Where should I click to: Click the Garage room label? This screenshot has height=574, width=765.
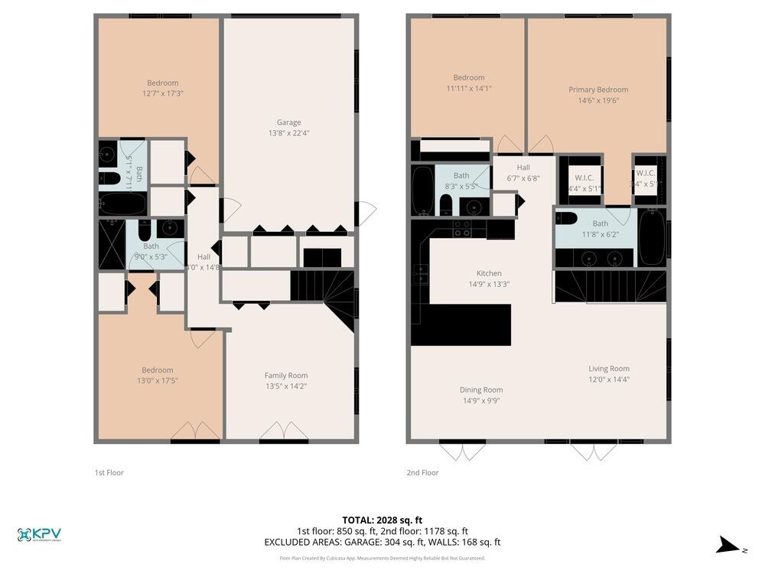[x=288, y=122]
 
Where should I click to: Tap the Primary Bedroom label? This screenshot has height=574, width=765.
[x=597, y=90]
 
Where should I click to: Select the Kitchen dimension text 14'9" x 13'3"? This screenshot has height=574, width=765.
[x=489, y=284]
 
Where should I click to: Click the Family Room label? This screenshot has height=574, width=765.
[x=285, y=375]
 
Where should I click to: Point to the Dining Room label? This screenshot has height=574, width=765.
[x=481, y=390]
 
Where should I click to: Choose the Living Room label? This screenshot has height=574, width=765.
[x=609, y=369]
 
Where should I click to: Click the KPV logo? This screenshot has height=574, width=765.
[x=39, y=535]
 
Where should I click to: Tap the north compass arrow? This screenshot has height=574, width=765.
[x=726, y=546]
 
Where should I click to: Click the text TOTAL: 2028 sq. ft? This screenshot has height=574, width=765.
[x=382, y=520]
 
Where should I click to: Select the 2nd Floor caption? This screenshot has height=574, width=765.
[x=422, y=473]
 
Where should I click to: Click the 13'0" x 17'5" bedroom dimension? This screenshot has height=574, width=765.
[x=157, y=381]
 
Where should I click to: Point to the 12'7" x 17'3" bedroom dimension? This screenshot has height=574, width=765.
[x=162, y=93]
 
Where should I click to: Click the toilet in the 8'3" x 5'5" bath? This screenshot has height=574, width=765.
[x=446, y=204]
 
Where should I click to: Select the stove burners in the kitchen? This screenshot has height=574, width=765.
[x=462, y=227]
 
